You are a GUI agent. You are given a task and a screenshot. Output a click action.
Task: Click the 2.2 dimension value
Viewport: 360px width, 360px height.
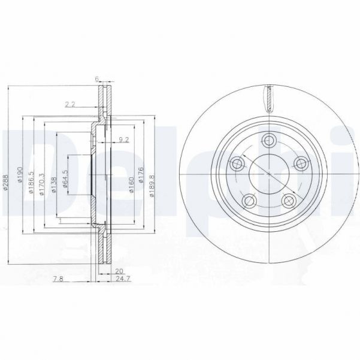coord(70,104)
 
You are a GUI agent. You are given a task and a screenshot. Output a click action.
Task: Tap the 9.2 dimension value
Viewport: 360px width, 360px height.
coord(124,140)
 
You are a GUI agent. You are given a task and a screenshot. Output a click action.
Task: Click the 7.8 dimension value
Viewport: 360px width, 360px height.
coord(57,279)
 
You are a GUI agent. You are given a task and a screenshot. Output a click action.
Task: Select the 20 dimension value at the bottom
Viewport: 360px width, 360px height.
coord(118,271)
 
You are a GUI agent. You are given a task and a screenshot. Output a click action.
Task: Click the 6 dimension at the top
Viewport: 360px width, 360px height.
coord(97,78)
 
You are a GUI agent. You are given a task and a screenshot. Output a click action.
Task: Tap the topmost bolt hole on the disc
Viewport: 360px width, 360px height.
coord(269,141)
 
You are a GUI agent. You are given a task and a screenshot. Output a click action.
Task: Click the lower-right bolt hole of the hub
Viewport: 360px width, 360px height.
coord(289,200)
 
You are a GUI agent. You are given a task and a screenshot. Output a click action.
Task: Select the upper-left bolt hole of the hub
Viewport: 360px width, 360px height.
coord(237,162)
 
